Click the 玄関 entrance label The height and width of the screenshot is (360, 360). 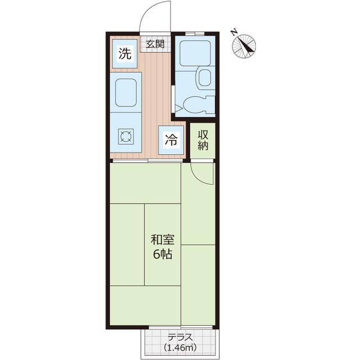point(155,44)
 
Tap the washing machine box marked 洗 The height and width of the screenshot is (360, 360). point(125,54)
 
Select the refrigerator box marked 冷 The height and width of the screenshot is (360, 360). point(171,140)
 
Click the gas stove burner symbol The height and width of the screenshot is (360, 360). point(125,137)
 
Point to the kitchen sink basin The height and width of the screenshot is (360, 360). point(126,92)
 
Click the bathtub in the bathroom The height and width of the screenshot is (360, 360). point(195,53)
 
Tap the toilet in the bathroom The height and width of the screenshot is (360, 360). point(199,105)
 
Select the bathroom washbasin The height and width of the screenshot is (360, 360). point(205,78)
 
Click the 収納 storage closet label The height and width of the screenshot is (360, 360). point(203,140)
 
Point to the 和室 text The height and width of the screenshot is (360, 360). point(163,240)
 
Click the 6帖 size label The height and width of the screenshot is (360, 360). point(163,254)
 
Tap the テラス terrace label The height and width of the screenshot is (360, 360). point(180,337)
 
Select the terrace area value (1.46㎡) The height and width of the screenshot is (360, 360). point(180,348)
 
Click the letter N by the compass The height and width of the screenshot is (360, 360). point(234,33)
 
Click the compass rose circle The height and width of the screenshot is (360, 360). point(244,46)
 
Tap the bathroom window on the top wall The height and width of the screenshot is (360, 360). point(195,34)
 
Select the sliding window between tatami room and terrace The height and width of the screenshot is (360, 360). point(181,327)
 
